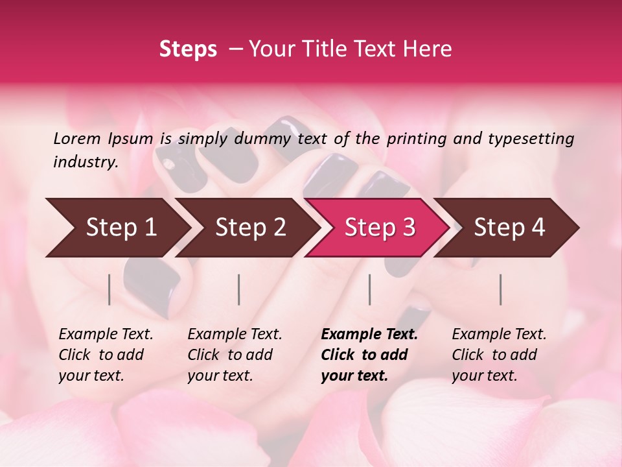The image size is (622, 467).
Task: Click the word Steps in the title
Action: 188,49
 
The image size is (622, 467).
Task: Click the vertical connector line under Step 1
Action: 109,289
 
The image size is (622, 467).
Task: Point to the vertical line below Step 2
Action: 239,289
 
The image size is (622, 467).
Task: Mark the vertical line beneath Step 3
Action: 369,289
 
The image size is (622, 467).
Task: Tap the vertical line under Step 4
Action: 500,289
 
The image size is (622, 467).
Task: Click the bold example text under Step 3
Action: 368,355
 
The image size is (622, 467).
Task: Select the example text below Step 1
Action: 106,355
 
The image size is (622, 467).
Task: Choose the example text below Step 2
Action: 235,355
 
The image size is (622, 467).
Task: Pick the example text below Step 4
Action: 499,355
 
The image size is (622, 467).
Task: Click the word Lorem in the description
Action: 77,138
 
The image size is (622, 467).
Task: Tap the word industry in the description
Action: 86,162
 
